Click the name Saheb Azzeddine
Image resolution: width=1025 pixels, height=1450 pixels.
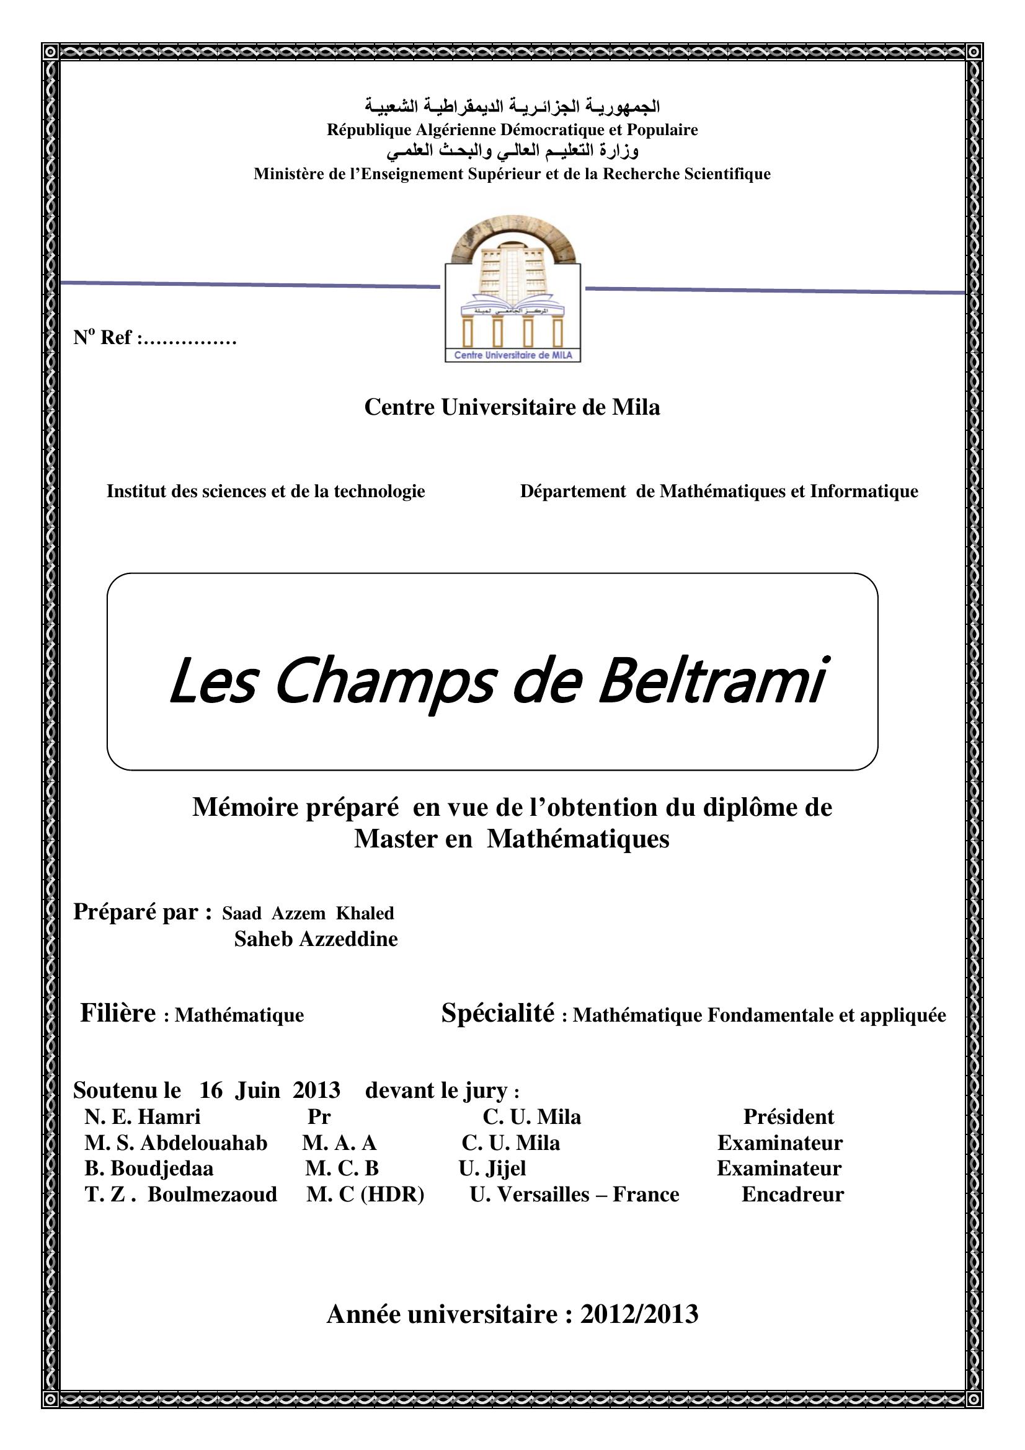tap(316, 939)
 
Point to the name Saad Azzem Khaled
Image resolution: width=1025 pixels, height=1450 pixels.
tap(308, 913)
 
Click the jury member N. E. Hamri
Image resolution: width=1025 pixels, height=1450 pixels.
tap(142, 1116)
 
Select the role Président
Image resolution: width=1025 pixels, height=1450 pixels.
tap(788, 1116)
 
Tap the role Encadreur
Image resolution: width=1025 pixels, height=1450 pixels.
tap(792, 1194)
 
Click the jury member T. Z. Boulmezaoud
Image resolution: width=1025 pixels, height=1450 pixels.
tap(180, 1194)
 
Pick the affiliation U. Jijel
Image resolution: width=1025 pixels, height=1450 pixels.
tap(492, 1169)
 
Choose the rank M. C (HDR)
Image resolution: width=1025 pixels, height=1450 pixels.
tap(365, 1194)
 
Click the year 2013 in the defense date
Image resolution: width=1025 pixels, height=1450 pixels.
tap(316, 1090)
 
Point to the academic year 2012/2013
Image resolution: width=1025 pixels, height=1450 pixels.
tap(639, 1314)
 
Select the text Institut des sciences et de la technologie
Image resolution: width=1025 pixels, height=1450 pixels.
tap(265, 491)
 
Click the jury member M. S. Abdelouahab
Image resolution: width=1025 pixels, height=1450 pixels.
tap(175, 1143)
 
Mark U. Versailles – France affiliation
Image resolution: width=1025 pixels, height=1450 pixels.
tap(574, 1194)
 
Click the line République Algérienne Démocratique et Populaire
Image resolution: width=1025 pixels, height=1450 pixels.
tap(512, 130)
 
